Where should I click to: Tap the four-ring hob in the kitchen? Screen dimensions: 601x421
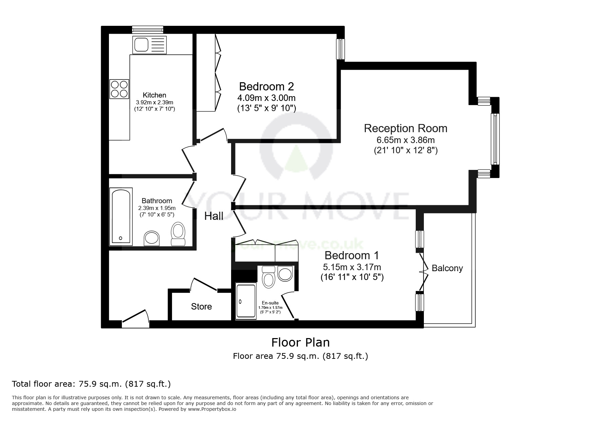pyautogui.click(x=119, y=89)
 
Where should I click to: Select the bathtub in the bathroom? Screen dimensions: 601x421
pyautogui.click(x=121, y=216)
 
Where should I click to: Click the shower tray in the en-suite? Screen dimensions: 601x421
pyautogui.click(x=246, y=302)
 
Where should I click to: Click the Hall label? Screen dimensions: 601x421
pyautogui.click(x=214, y=216)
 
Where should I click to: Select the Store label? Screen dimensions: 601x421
pyautogui.click(x=201, y=306)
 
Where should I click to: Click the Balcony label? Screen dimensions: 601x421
pyautogui.click(x=447, y=268)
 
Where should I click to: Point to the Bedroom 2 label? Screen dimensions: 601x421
pyautogui.click(x=266, y=86)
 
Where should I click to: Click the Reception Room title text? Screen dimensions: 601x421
pyautogui.click(x=406, y=128)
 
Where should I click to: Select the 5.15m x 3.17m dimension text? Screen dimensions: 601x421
pyautogui.click(x=352, y=267)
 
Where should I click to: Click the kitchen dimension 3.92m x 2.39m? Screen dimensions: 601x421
pyautogui.click(x=154, y=102)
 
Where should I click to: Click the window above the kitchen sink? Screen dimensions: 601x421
pyautogui.click(x=148, y=30)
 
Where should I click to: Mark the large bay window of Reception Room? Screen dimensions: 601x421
pyautogui.click(x=495, y=139)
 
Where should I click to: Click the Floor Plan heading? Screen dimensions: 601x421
pyautogui.click(x=300, y=342)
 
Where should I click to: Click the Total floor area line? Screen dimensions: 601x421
pyautogui.click(x=91, y=384)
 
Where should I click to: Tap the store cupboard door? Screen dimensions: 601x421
pyautogui.click(x=204, y=285)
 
